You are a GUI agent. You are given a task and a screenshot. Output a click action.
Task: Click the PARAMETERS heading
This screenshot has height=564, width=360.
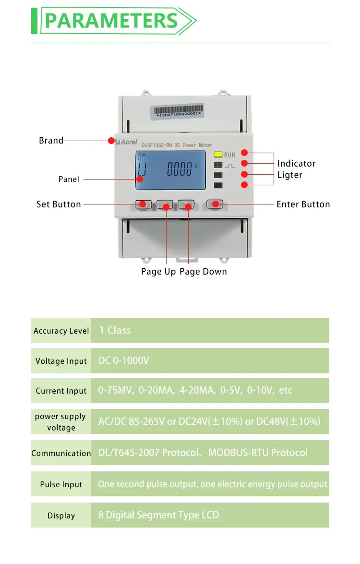click(x=111, y=21)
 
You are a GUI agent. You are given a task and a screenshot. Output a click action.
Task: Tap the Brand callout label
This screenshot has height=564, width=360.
click(x=51, y=141)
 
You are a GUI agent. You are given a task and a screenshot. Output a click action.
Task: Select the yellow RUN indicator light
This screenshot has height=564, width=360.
click(x=217, y=155)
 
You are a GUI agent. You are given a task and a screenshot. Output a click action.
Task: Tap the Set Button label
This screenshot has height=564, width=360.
click(x=59, y=204)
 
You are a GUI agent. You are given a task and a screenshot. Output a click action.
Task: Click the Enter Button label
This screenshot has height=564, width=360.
click(x=303, y=204)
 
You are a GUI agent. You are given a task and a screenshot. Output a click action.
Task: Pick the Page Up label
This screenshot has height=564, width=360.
click(x=158, y=272)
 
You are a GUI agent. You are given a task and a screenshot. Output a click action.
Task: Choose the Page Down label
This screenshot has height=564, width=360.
click(x=203, y=272)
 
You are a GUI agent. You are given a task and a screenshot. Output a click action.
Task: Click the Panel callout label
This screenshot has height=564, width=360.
click(x=69, y=179)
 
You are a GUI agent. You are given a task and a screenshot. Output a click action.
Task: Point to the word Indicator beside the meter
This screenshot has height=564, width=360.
click(x=296, y=164)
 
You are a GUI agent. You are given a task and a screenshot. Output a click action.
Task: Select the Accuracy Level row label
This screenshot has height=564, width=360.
click(x=61, y=331)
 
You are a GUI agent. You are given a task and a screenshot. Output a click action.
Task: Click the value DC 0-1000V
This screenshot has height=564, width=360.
click(x=123, y=360)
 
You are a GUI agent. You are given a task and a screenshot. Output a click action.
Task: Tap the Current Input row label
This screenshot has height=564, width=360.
click(x=61, y=391)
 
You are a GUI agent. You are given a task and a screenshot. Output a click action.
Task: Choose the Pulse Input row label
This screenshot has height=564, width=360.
click(x=61, y=485)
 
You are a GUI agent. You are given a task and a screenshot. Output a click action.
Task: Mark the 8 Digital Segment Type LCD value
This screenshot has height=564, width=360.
click(x=158, y=515)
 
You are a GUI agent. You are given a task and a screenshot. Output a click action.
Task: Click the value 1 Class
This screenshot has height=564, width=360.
click(x=115, y=330)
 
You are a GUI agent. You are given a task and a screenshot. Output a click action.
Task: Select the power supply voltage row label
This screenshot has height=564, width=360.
click(x=61, y=422)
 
